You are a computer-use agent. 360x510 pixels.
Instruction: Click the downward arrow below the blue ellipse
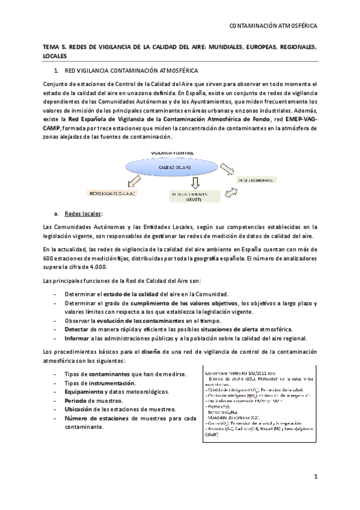(194, 182)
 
